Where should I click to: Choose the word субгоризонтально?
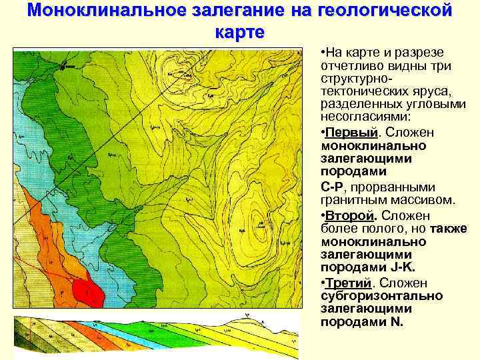[x=381, y=295]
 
